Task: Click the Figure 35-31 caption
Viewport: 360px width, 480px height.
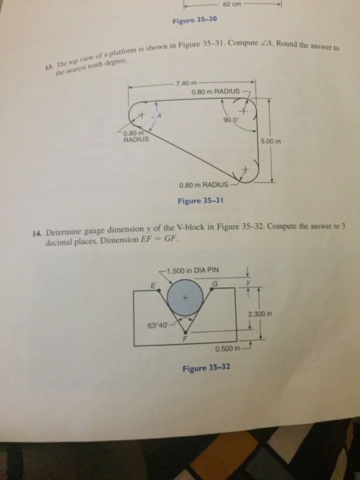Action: click(x=200, y=201)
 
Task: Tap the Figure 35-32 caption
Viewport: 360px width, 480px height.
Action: click(x=206, y=368)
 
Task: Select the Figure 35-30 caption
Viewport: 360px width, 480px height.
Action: click(x=195, y=20)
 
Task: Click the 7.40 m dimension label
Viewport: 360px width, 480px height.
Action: click(x=187, y=83)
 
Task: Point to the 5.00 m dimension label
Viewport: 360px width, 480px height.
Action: click(x=271, y=141)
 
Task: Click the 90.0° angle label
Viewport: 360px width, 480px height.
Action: click(x=230, y=120)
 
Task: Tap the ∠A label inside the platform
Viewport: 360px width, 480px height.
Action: click(x=157, y=116)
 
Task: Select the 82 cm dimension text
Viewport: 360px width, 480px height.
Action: click(x=232, y=4)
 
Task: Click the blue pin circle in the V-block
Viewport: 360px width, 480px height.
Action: click(x=185, y=298)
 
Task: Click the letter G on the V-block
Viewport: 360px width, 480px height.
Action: click(x=215, y=284)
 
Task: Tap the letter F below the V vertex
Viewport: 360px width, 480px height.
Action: click(x=184, y=339)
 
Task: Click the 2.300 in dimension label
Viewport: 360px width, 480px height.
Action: click(x=260, y=314)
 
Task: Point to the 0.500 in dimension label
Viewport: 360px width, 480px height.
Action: click(x=228, y=348)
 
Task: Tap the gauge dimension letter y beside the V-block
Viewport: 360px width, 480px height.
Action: click(x=248, y=282)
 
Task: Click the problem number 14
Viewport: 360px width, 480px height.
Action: click(x=37, y=233)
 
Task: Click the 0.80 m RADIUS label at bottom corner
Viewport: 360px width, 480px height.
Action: click(x=204, y=185)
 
